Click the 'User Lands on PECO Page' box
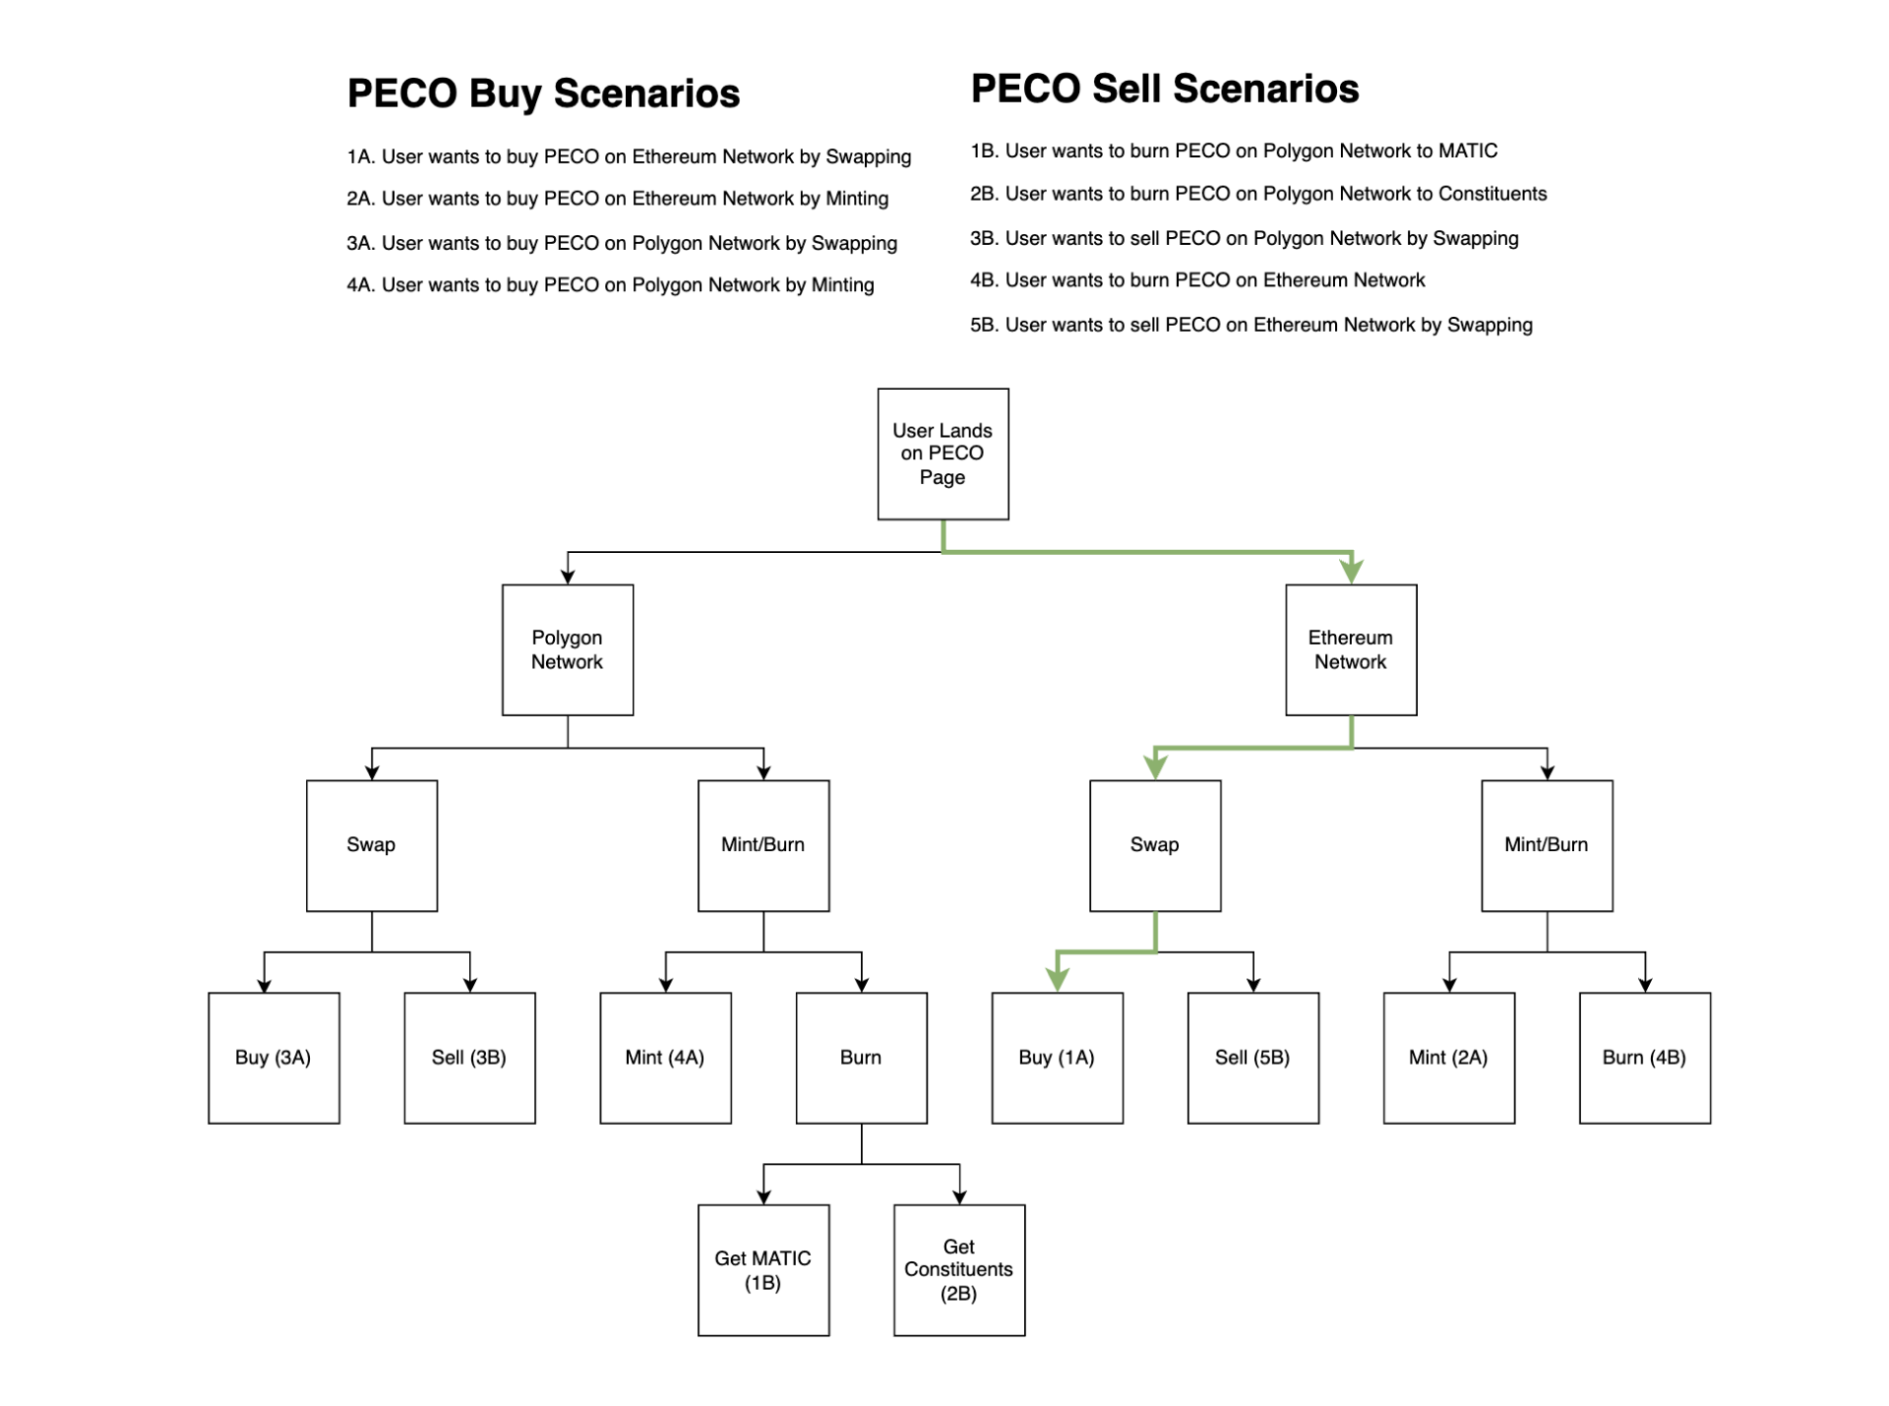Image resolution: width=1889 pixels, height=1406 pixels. pos(943,454)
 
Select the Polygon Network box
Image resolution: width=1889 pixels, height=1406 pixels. pos(568,649)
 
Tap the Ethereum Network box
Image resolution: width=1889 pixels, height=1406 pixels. pos(1351,649)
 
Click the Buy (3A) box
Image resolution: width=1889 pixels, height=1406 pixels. pos(274,1058)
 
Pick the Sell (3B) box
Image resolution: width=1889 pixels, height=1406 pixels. pos(469,1058)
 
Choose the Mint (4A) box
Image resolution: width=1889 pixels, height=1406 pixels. pos(665,1058)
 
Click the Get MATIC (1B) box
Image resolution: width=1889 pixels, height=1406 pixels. pos(763,1270)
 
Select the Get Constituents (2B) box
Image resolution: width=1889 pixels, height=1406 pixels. pos(959,1270)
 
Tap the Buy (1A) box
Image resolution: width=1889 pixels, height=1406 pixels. pos(1057,1058)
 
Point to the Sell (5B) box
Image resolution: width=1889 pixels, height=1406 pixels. pos(1252,1058)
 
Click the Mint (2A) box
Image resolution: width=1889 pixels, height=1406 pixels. pos(1448,1058)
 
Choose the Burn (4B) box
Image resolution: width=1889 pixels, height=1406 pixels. pos(1644,1058)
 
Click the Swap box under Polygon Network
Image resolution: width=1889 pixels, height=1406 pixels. pos(372,845)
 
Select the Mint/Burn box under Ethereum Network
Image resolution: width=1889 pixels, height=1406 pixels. pos(1547,845)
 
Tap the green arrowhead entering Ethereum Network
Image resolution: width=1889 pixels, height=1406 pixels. pos(1352,570)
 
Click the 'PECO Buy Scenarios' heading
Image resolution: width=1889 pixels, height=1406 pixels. pos(543,93)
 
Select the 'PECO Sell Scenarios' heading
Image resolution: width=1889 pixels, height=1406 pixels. pos(1165,89)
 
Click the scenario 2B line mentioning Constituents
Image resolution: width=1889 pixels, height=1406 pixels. pos(1258,194)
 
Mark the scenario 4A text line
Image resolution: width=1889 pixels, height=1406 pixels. pos(610,285)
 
